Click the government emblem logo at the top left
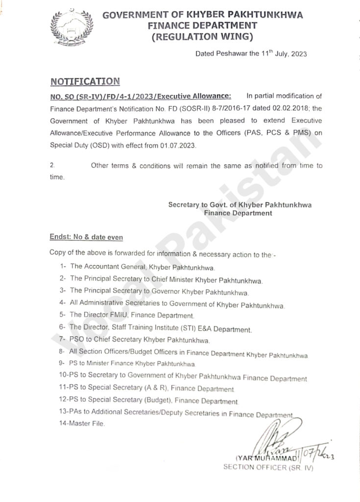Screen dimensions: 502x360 [71, 29]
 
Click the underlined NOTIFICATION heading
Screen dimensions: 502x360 [85, 81]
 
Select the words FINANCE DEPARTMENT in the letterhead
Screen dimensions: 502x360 [203, 25]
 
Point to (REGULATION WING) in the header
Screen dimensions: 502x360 [203, 36]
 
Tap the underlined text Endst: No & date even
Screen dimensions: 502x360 [86, 237]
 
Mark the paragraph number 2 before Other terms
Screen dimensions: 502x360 [52, 166]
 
